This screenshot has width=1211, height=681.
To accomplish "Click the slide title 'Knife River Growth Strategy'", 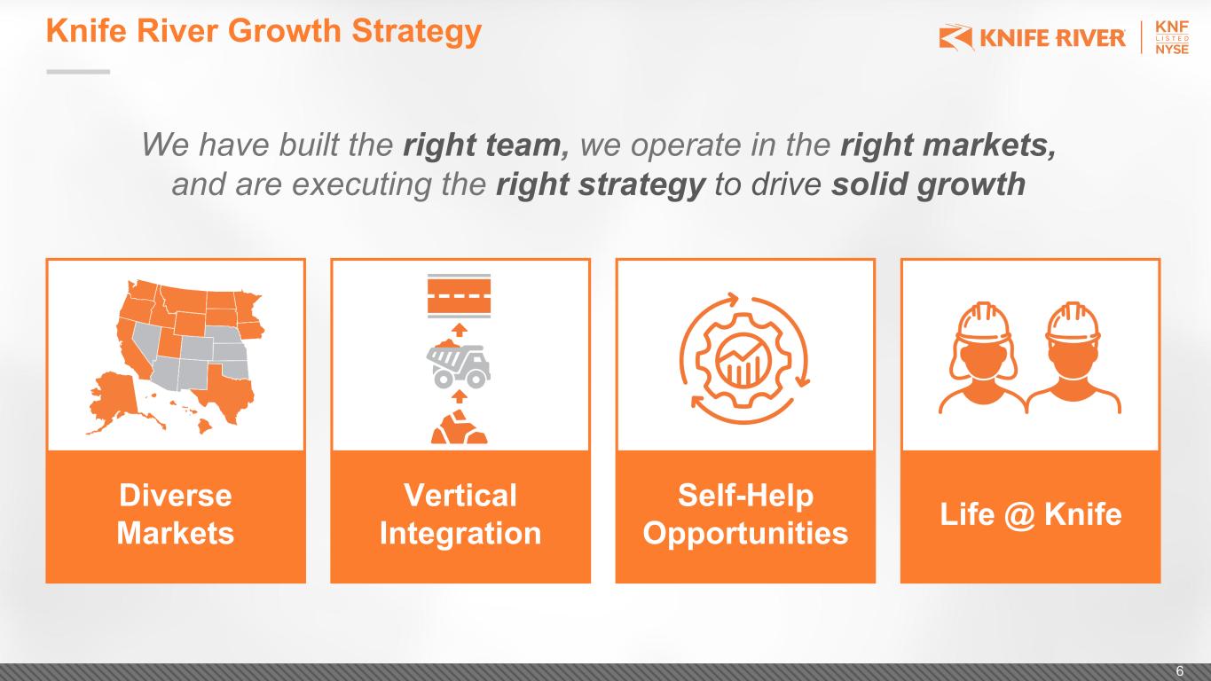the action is click(x=263, y=31).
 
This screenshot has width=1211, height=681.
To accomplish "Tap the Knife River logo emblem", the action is click(x=955, y=37).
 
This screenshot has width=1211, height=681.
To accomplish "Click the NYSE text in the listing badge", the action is click(x=1172, y=50).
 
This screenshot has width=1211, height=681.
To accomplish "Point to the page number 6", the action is click(x=1180, y=670).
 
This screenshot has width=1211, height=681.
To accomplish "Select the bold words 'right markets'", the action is click(x=948, y=145).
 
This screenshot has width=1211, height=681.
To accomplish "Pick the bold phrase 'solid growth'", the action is click(x=928, y=184).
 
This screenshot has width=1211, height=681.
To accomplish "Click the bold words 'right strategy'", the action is click(x=601, y=184).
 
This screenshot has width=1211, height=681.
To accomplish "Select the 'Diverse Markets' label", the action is click(x=175, y=514).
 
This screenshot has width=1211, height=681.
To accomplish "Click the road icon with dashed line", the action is click(x=459, y=295).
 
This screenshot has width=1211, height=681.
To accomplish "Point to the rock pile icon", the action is click(x=459, y=427).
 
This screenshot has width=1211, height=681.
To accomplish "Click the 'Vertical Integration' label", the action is click(x=460, y=514).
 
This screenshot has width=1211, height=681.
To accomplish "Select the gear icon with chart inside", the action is click(x=743, y=359).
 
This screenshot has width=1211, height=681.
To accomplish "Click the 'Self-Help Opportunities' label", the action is click(x=745, y=514).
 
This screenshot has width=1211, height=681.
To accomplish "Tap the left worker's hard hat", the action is click(x=983, y=323).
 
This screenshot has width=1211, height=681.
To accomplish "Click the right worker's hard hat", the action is click(x=1073, y=323).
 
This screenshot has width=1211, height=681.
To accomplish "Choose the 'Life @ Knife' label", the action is click(x=1030, y=514).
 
